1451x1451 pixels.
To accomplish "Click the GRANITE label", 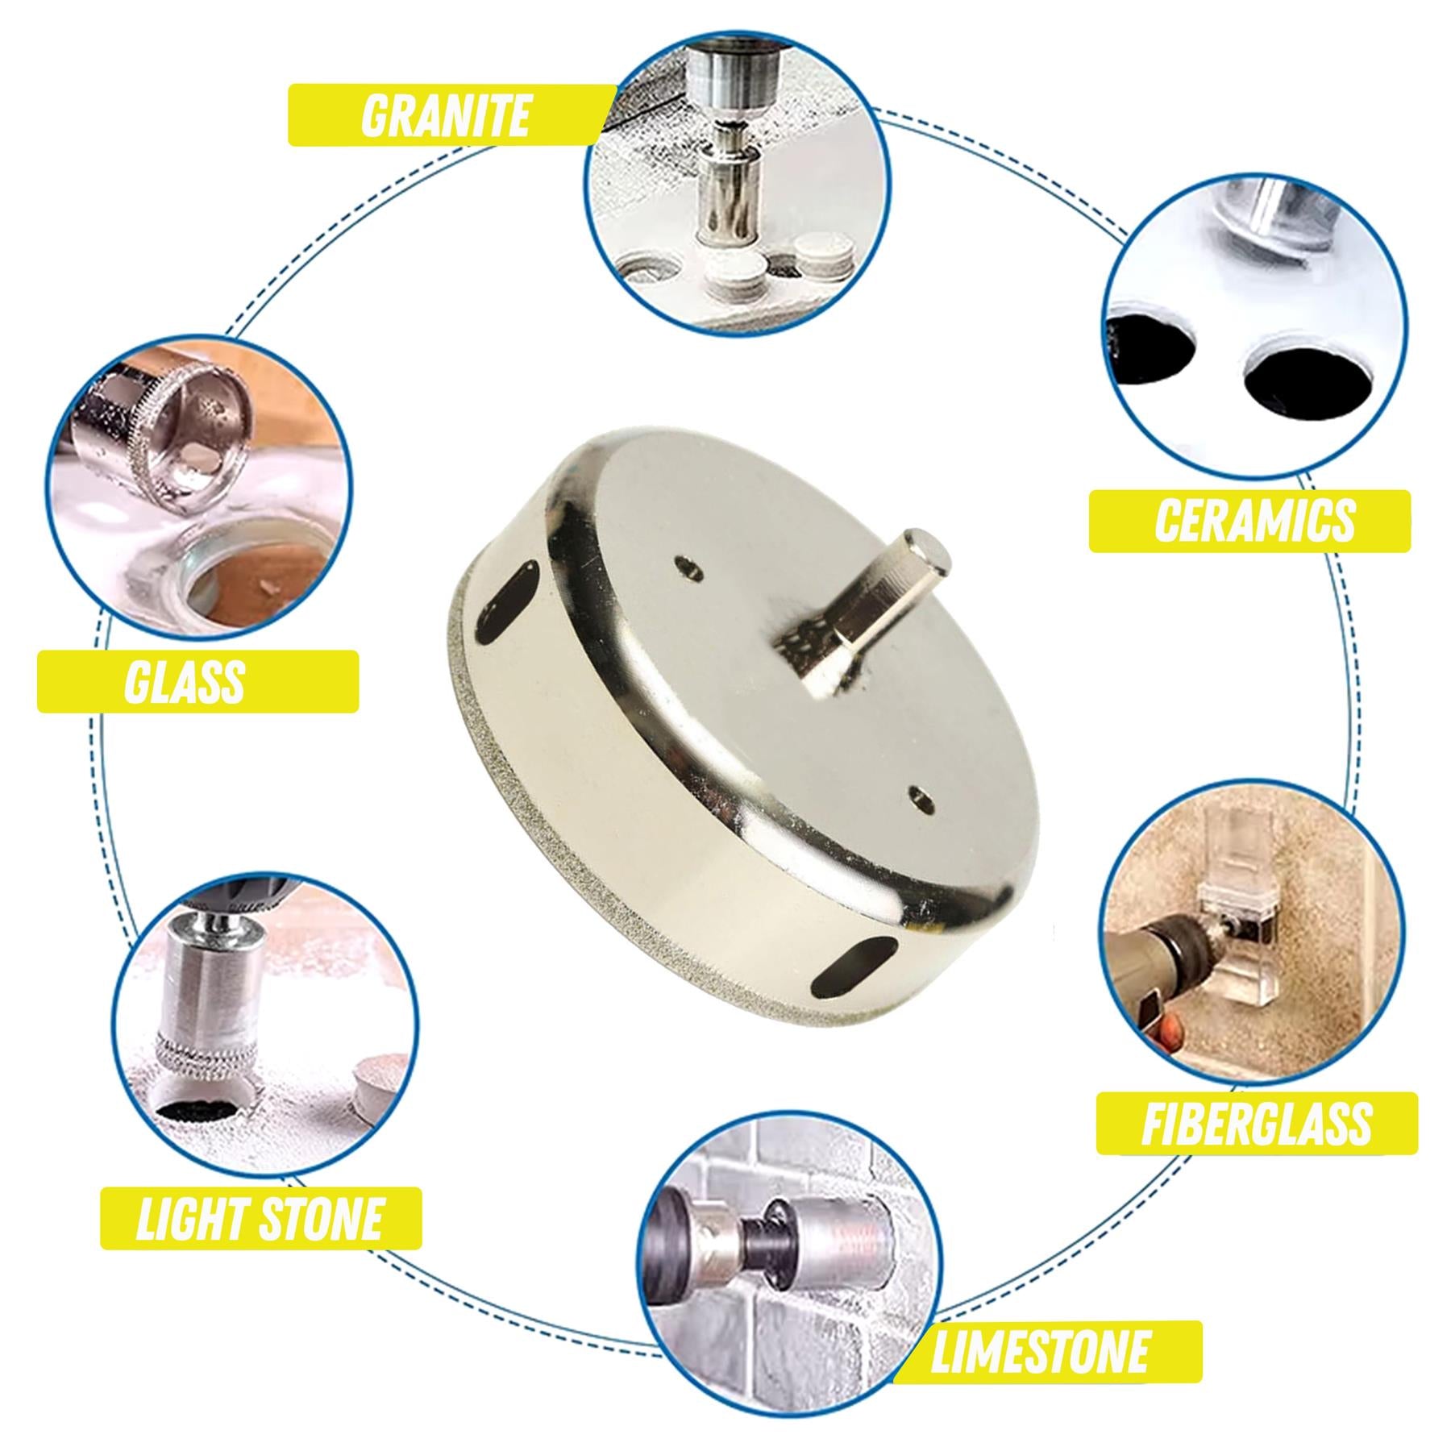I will (x=445, y=115).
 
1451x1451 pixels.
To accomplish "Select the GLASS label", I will (x=185, y=681).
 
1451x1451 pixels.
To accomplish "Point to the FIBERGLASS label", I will (x=1256, y=1123).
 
